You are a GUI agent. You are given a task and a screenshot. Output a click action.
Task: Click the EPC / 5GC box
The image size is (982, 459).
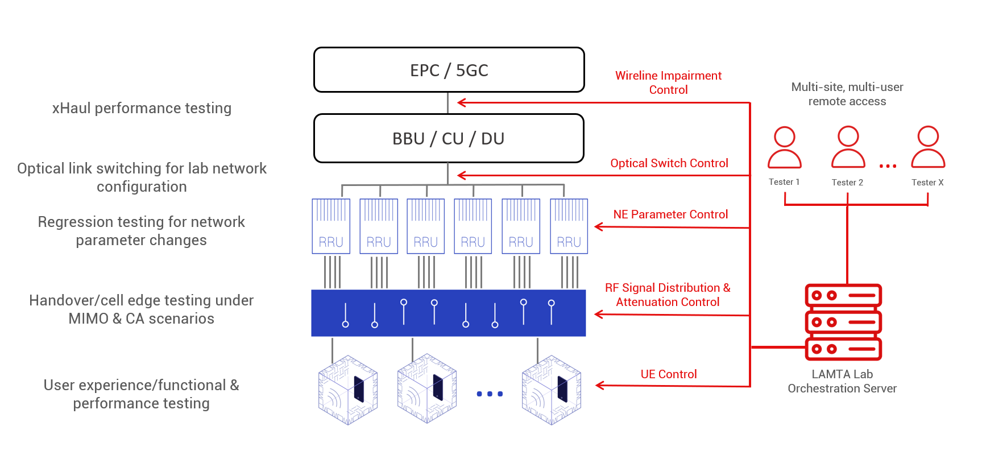pos(449,70)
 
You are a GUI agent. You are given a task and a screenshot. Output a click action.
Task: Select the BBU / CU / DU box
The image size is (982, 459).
pos(449,138)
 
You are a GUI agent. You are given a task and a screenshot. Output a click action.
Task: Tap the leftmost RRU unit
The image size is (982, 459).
pos(331,226)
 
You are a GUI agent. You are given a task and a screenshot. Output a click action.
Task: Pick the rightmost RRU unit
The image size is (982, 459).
pos(569,226)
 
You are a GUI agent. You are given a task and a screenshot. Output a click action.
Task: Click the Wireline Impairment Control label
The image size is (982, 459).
pos(668,82)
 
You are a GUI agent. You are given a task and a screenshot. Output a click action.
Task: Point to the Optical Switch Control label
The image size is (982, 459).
pos(669,163)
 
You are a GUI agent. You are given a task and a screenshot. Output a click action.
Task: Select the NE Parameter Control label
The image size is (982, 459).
pos(670,214)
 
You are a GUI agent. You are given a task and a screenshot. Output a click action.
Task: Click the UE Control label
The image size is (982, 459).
pos(669,374)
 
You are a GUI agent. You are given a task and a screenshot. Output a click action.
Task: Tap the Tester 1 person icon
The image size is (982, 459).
pos(785,147)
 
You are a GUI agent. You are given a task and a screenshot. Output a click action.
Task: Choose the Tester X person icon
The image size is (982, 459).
pos(928,147)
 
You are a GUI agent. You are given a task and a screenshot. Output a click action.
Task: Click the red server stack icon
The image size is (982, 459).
pos(843,322)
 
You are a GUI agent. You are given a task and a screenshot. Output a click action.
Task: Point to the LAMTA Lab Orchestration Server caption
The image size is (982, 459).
pos(842,381)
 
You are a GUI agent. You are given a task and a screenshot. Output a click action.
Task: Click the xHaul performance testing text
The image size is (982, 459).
pos(142,108)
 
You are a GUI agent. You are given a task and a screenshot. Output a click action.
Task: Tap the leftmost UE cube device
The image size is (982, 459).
pos(348,390)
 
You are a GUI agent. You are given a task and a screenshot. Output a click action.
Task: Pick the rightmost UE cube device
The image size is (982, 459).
pos(552,390)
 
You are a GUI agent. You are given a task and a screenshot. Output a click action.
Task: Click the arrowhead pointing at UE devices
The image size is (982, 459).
pos(600,386)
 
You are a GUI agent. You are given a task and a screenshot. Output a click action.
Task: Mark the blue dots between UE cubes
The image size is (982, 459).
pos(490,394)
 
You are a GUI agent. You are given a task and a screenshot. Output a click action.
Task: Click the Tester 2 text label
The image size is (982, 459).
pos(847,183)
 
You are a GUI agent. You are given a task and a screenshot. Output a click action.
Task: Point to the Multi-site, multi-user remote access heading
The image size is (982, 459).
pos(847,94)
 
